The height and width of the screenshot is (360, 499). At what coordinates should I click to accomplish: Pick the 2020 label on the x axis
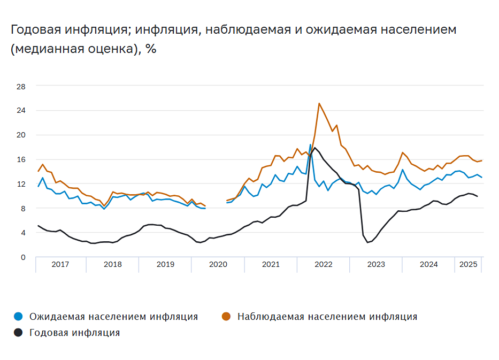click(218, 264)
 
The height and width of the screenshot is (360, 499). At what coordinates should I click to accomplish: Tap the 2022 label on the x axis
click(324, 264)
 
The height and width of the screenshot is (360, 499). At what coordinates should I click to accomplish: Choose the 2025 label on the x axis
click(469, 264)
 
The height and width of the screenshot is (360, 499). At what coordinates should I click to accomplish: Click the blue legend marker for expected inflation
click(18, 317)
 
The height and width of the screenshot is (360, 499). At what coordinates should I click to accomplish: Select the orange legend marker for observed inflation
click(227, 317)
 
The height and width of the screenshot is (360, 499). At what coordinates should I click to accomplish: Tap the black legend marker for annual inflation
click(18, 333)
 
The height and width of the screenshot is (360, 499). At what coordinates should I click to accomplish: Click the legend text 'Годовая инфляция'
click(74, 333)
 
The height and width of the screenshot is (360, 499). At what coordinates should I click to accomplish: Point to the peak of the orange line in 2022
click(319, 103)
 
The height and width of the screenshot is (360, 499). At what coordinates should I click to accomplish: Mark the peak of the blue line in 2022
click(310, 144)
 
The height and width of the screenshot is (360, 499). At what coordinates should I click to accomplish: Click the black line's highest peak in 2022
click(315, 148)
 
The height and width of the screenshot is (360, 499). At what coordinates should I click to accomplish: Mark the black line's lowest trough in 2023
click(367, 242)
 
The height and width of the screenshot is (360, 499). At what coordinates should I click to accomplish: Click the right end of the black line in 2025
click(477, 197)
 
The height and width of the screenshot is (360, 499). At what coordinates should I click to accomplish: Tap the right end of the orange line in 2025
click(481, 160)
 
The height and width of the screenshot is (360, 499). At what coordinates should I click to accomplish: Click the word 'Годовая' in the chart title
click(35, 29)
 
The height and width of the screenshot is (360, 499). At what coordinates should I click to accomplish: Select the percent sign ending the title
click(151, 49)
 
